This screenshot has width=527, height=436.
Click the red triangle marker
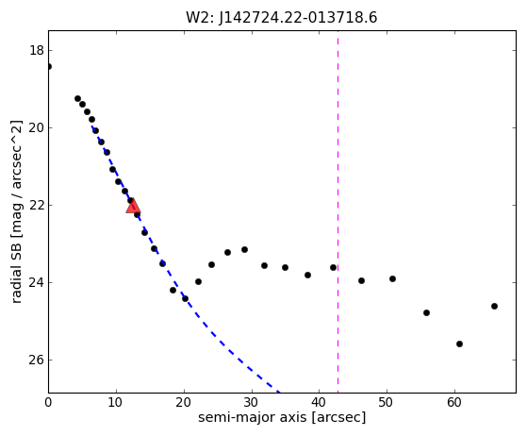tap(133, 207)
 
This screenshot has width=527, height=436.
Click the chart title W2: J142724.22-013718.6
tap(282, 18)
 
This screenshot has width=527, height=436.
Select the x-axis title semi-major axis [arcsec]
tap(282, 417)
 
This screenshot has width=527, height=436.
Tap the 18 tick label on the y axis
tap(37, 50)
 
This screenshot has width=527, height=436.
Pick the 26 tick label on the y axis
tap(37, 360)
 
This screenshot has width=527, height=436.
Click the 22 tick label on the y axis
tap(37, 205)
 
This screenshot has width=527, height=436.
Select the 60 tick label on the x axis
tap(454, 402)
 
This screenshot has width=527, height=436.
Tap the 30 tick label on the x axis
tap(252, 402)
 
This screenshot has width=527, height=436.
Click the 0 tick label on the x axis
tap(48, 402)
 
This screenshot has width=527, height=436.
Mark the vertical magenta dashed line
tap(338, 211)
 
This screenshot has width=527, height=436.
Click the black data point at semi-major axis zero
tap(49, 67)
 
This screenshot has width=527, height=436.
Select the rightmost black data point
tap(494, 306)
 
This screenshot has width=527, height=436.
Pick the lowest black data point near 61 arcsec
tap(459, 344)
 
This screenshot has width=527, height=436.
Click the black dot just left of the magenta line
tap(333, 267)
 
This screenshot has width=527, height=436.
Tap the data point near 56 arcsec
tap(426, 313)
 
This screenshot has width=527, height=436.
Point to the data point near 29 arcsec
tap(245, 250)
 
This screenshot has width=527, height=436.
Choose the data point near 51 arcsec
tap(392, 279)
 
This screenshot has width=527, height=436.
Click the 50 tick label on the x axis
tap(387, 402)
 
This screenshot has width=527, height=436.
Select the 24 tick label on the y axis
tap(37, 282)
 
